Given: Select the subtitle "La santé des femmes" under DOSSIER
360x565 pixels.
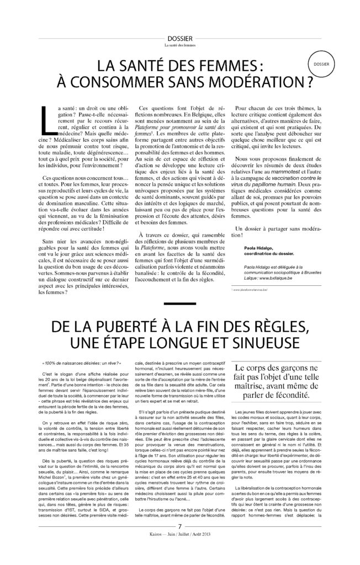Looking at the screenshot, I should [179, 45].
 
